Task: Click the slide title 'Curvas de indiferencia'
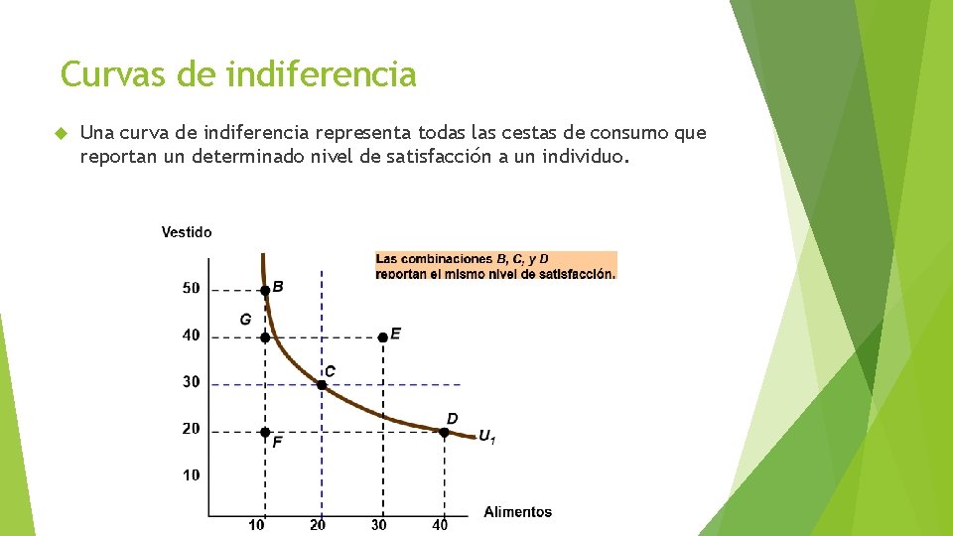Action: click(x=238, y=74)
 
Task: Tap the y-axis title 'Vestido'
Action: click(x=187, y=232)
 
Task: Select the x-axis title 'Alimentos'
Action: click(x=517, y=512)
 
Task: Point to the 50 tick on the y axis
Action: click(x=191, y=288)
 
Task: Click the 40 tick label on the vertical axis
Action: click(x=191, y=335)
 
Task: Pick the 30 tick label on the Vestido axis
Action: click(x=191, y=381)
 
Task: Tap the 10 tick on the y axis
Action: click(x=191, y=474)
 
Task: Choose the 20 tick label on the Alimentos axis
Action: click(x=318, y=525)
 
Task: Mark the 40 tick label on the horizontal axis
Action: click(x=440, y=525)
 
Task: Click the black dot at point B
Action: click(x=265, y=291)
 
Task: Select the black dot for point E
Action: click(x=383, y=337)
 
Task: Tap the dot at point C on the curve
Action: click(x=322, y=384)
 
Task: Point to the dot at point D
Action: click(x=444, y=432)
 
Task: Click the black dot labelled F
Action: click(x=265, y=432)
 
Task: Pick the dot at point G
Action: click(x=265, y=337)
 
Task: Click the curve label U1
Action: click(x=486, y=437)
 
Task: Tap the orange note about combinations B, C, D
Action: click(x=495, y=265)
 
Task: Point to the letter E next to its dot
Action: click(x=396, y=334)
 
